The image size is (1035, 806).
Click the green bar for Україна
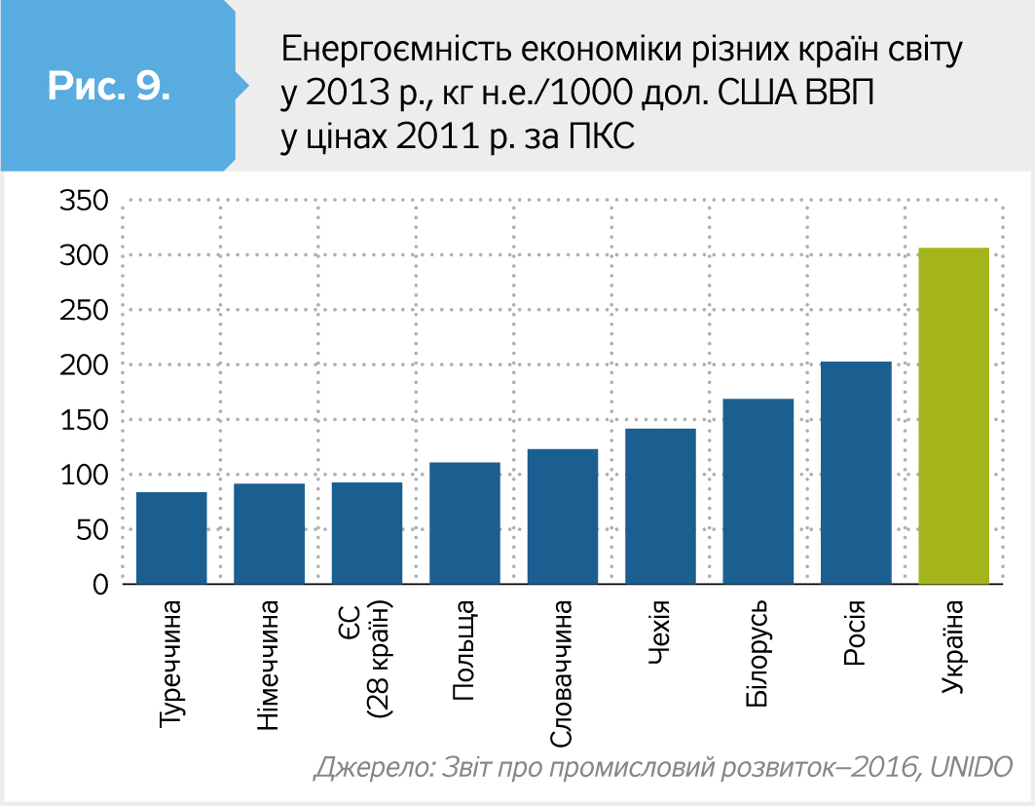tap(953, 416)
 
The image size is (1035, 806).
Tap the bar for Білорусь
tap(758, 491)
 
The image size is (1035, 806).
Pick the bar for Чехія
tap(660, 506)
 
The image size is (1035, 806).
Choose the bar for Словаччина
tap(562, 517)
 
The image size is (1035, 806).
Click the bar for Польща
tap(464, 523)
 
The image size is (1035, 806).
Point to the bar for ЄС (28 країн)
tap(366, 533)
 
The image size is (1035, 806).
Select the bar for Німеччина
tap(269, 533)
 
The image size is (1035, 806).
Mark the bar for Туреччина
tap(171, 538)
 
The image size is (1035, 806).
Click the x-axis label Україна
tap(954, 649)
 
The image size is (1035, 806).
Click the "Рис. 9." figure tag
tap(108, 86)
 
